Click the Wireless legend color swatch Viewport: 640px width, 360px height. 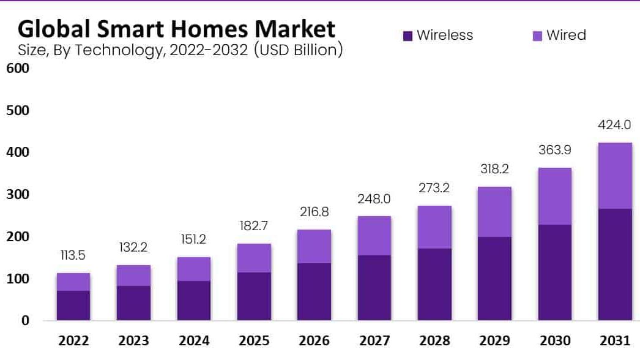click(x=408, y=36)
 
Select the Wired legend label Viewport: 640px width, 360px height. click(x=566, y=36)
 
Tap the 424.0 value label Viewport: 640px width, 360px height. click(x=614, y=126)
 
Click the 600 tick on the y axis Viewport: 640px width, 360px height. click(x=17, y=68)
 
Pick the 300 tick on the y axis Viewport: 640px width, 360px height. click(x=17, y=195)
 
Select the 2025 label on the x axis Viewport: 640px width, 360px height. click(x=254, y=341)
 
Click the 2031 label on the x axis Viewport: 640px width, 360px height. click(x=614, y=341)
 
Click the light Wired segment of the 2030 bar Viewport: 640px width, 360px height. click(x=554, y=197)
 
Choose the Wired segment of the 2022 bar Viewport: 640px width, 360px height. click(x=73, y=282)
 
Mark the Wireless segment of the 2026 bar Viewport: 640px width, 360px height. click(x=314, y=291)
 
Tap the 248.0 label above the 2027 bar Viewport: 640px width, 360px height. click(x=374, y=199)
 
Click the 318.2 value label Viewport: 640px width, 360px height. click(x=494, y=169)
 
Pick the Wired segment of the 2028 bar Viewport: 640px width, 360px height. click(x=434, y=227)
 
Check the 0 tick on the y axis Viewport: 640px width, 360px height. click(x=25, y=320)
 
